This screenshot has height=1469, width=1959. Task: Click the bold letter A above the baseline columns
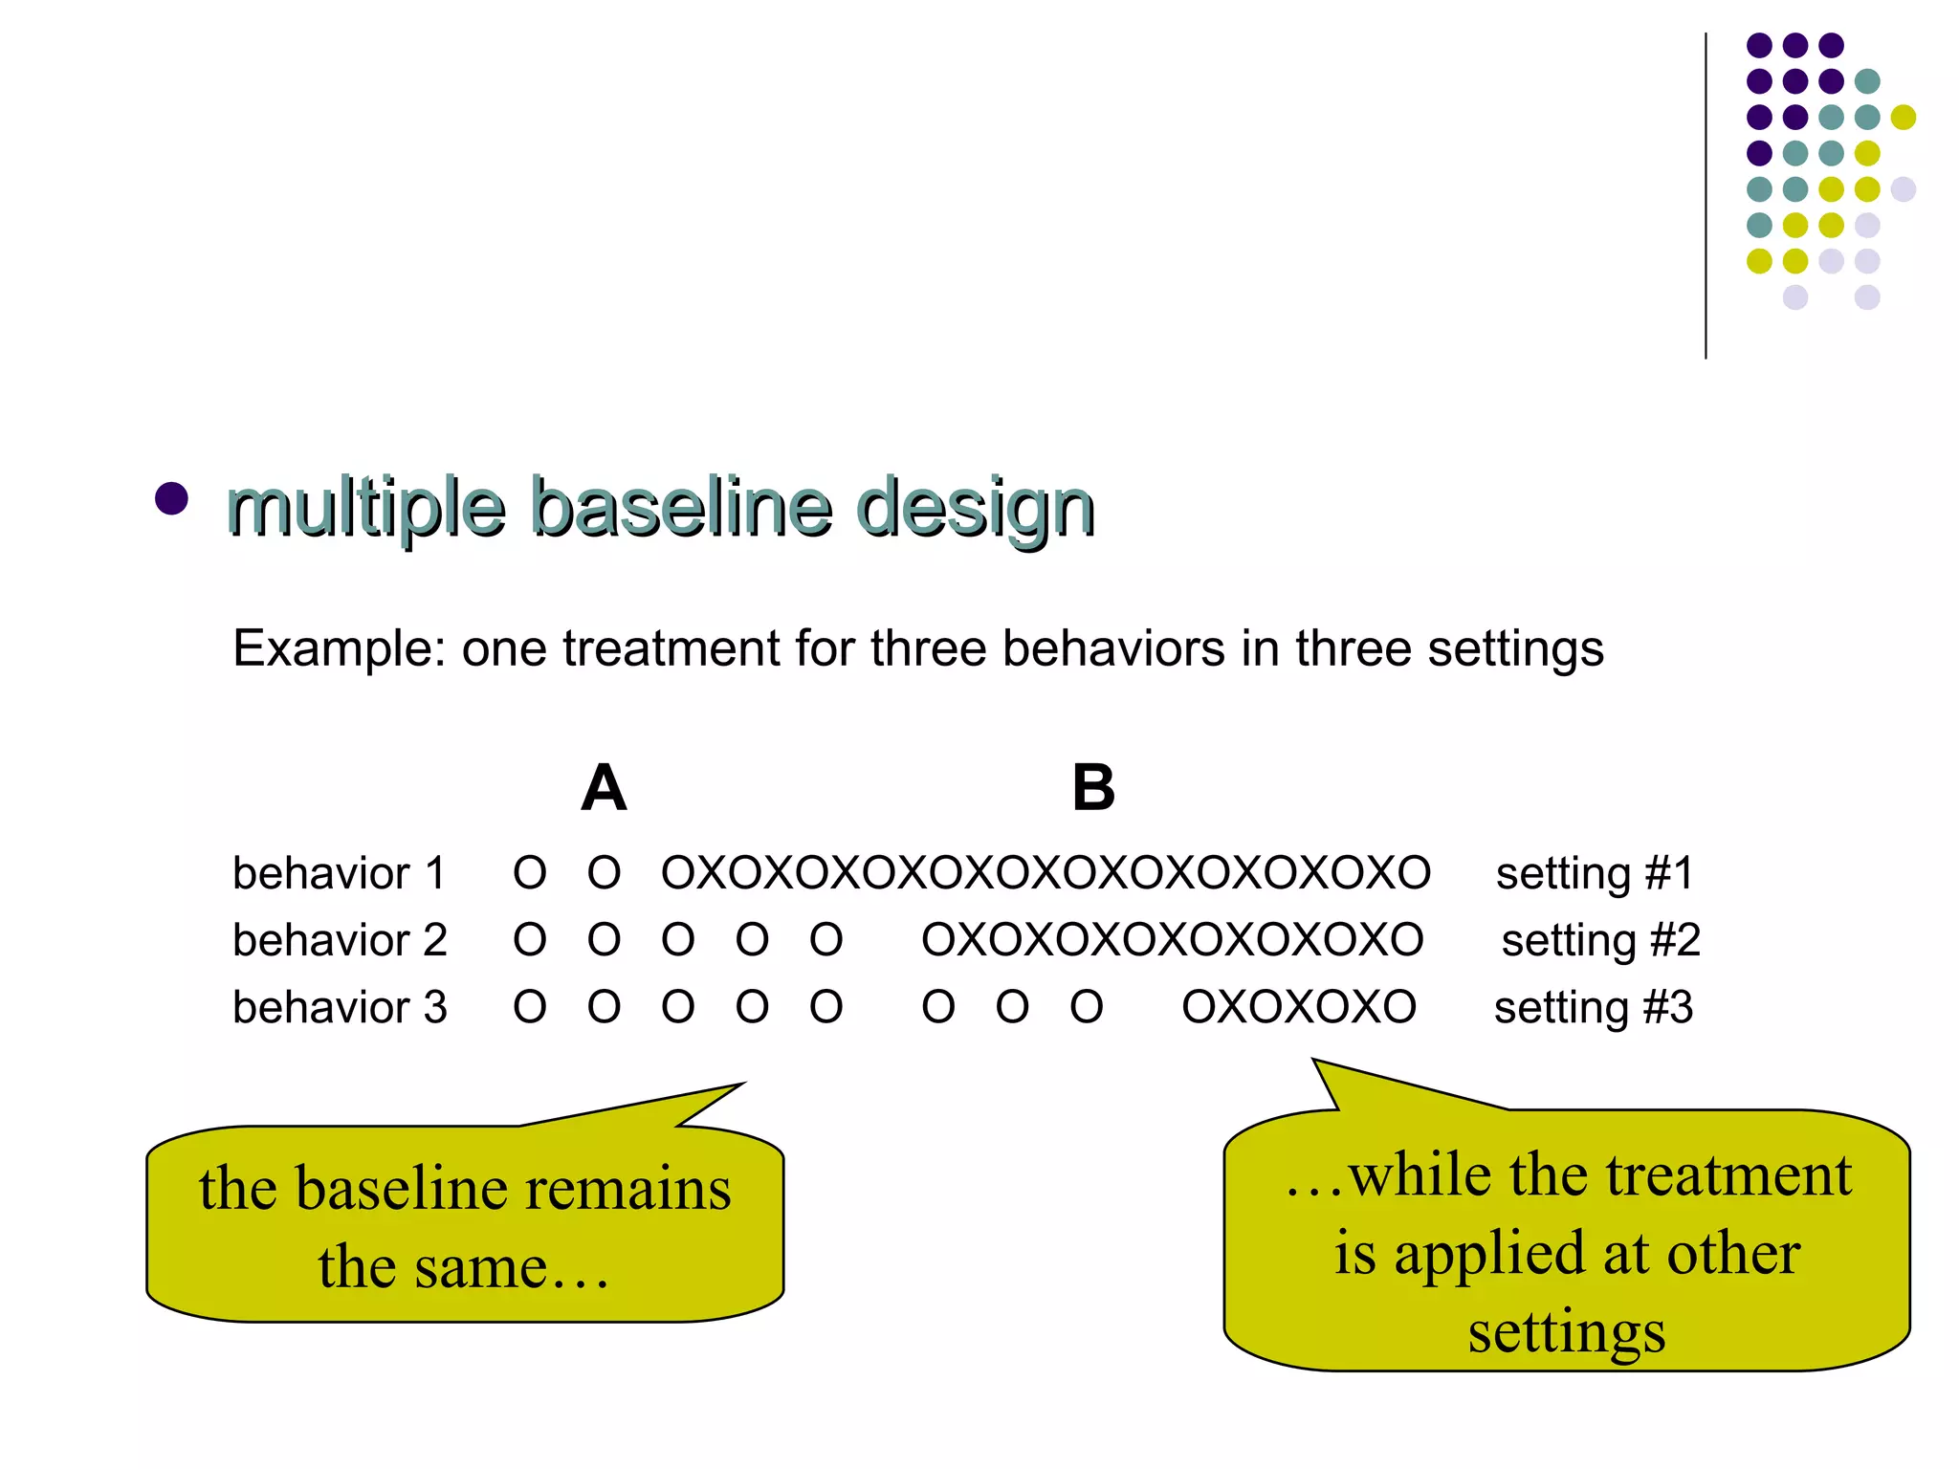coord(604,788)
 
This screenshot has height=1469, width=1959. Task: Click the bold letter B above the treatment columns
coord(1093,788)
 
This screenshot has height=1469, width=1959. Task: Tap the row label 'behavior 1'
coord(339,873)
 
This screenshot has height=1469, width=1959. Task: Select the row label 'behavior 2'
coord(340,940)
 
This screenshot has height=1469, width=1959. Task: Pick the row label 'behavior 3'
coord(340,1007)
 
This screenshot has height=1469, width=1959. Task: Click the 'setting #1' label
coord(1595,873)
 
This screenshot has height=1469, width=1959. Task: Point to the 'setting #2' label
coord(1600,940)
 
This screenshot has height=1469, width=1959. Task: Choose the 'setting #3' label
coord(1594,1007)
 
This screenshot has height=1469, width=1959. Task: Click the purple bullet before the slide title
coord(171,498)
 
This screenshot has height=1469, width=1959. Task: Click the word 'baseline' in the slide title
coord(680,506)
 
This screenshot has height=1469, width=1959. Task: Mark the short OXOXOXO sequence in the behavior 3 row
coord(1299,1007)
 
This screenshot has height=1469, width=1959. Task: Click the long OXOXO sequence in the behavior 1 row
coord(1046,873)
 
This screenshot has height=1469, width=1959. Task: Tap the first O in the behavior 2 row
coord(530,940)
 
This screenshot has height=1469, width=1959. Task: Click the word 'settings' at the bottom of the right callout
coord(1567,1331)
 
